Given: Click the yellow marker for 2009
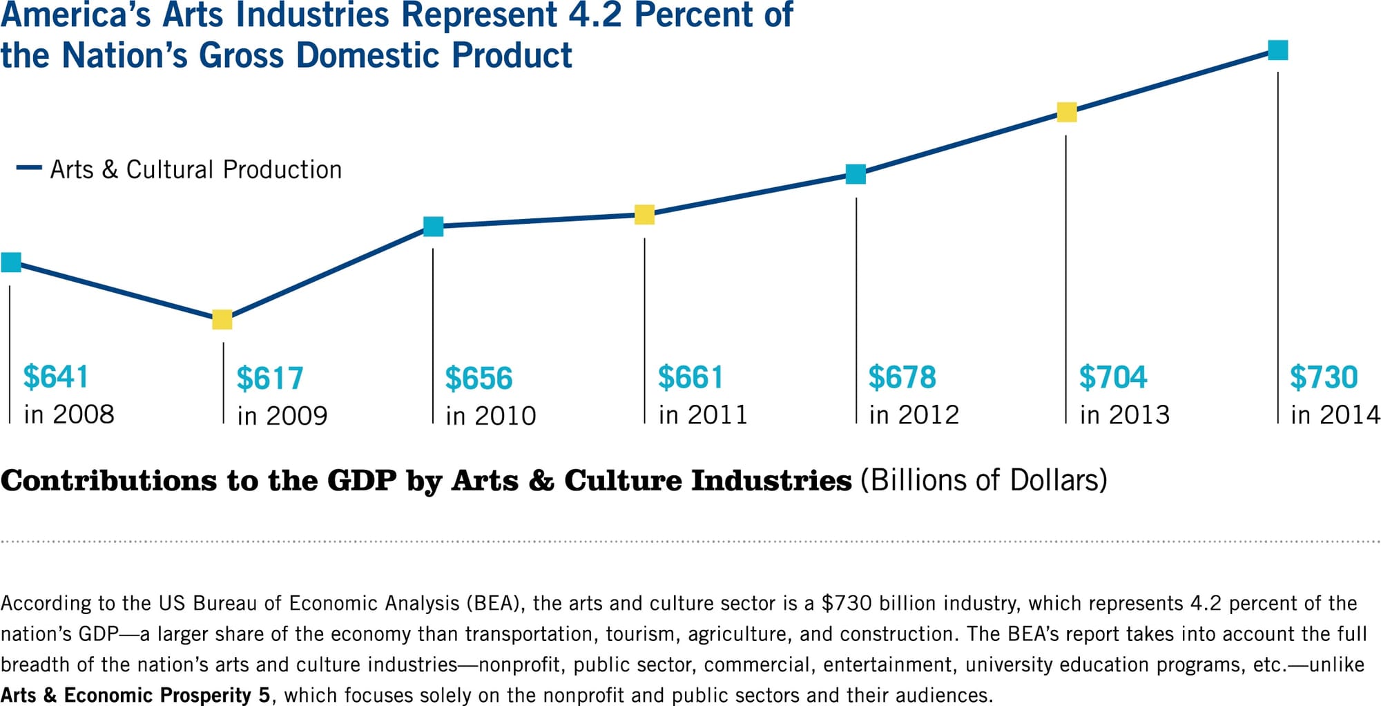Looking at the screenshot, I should tap(222, 319).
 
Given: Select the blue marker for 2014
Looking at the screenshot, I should tap(1277, 50).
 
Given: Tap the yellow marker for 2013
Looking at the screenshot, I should tap(1067, 112).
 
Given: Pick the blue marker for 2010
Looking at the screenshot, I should tap(433, 227).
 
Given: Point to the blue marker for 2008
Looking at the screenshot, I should tap(11, 263).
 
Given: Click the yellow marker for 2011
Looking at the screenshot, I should tap(644, 215).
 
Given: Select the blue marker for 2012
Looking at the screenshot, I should tap(856, 174).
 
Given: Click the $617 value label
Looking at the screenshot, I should tap(269, 379).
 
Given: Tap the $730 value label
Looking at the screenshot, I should tap(1323, 377).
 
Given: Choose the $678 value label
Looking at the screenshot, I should tap(902, 377).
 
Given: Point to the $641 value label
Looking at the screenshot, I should tap(55, 376).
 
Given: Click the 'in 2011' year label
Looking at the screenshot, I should tap(702, 414).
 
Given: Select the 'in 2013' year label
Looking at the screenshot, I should tap(1124, 414).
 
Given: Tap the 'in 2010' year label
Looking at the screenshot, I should tap(490, 416).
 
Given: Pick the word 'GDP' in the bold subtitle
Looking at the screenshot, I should tap(362, 481).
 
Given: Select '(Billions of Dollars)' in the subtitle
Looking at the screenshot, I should tap(983, 480).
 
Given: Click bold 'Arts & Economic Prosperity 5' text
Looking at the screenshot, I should tap(135, 695).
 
